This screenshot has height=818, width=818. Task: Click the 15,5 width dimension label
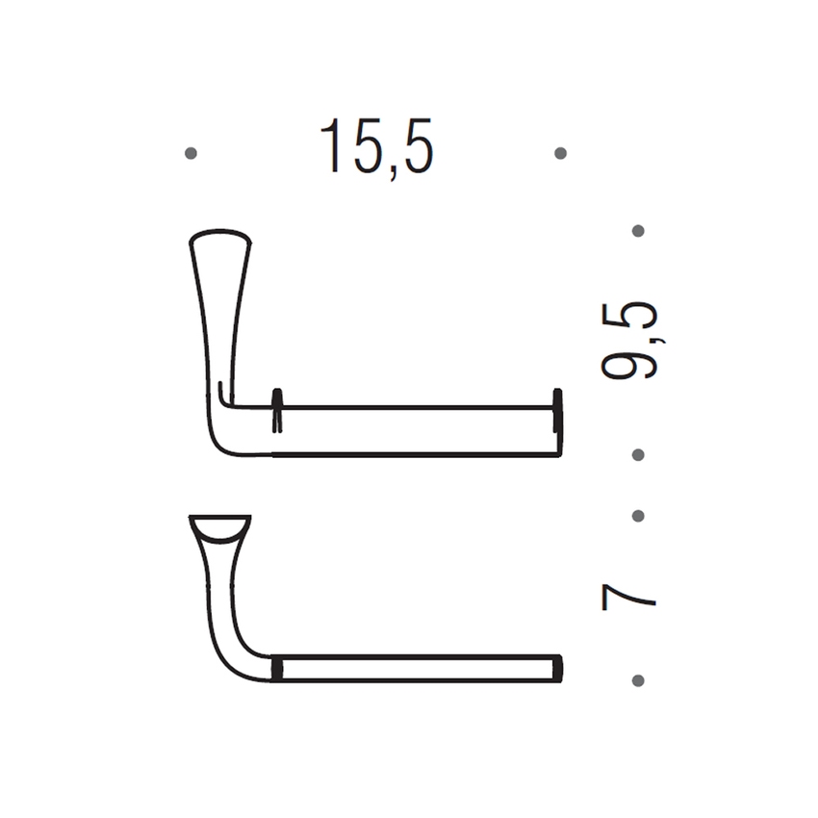coord(376,147)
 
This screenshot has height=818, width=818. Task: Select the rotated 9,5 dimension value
coord(630,341)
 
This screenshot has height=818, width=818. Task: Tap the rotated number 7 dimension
coord(629,597)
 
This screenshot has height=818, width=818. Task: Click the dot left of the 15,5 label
coord(191,153)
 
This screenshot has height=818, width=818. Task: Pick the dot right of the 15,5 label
coord(561,153)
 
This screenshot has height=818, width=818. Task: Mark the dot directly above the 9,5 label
coord(638,231)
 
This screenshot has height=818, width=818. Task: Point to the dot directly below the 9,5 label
coord(638,453)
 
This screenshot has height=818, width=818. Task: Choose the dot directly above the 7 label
coord(638,516)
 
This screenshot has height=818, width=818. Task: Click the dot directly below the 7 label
coord(638,680)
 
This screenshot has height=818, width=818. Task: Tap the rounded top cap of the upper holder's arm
coord(220,237)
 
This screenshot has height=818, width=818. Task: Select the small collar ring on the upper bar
coord(277,412)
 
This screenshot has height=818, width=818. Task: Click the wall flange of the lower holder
coord(220,528)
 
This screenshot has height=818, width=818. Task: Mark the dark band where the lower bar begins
coord(277,669)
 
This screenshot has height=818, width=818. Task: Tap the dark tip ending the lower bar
coord(557,669)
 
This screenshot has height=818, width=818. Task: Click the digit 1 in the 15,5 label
coord(333,147)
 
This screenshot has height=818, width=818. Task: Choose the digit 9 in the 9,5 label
coord(630,364)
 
